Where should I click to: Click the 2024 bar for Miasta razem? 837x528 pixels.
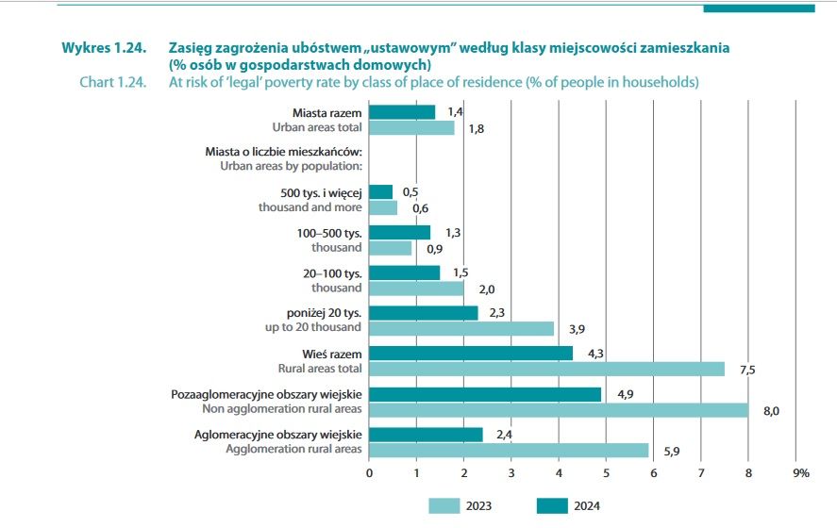click(402, 112)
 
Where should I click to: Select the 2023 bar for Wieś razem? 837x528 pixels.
click(546, 369)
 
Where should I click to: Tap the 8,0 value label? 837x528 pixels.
click(770, 410)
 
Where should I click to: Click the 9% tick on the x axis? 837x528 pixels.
click(800, 472)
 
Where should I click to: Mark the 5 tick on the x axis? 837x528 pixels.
click(607, 472)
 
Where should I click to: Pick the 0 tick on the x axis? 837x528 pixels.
click(369, 472)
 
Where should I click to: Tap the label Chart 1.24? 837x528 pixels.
click(113, 82)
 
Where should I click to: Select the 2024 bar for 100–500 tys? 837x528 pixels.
click(399, 232)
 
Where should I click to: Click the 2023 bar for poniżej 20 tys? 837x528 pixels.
click(461, 328)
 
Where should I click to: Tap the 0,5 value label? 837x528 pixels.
click(410, 191)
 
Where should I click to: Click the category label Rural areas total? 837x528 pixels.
click(317, 369)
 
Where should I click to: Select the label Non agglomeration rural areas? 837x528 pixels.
click(282, 409)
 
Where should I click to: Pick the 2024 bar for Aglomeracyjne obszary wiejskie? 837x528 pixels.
click(426, 435)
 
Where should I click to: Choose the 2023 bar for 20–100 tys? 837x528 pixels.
click(416, 289)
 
